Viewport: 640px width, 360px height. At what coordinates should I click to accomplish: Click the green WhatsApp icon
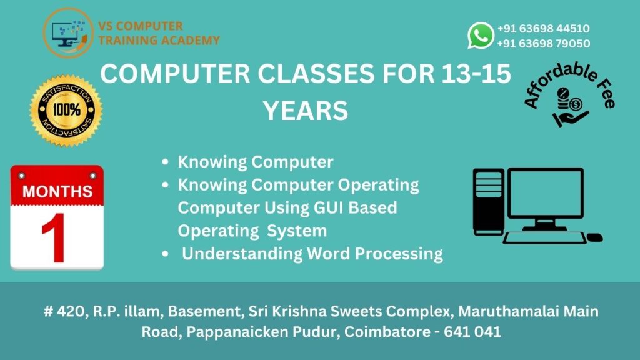[x=481, y=36]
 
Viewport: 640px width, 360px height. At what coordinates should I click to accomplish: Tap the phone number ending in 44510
[x=543, y=29]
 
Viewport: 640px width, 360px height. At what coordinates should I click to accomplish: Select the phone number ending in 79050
[x=543, y=43]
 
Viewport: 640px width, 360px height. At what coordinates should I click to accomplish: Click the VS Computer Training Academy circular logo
[x=69, y=32]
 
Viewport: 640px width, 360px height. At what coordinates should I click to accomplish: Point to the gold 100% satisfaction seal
[x=66, y=110]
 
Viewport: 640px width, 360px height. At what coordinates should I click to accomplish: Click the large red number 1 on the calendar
[x=54, y=239]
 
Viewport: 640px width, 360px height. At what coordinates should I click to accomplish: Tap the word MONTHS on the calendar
[x=57, y=191]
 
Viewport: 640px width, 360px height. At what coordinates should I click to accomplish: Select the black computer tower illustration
[x=488, y=202]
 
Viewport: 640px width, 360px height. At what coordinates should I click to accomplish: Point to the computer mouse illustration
[x=594, y=237]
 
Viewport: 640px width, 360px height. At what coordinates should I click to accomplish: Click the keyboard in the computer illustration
[x=544, y=238]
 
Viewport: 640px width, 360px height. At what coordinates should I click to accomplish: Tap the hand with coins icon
[x=571, y=107]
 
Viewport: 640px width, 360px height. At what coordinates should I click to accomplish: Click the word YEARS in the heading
[x=305, y=111]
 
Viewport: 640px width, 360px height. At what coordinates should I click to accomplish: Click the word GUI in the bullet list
[x=329, y=207]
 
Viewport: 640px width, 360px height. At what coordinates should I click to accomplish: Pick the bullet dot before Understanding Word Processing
[x=165, y=254]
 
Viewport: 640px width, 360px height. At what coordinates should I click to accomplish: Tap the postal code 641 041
[x=472, y=332]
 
